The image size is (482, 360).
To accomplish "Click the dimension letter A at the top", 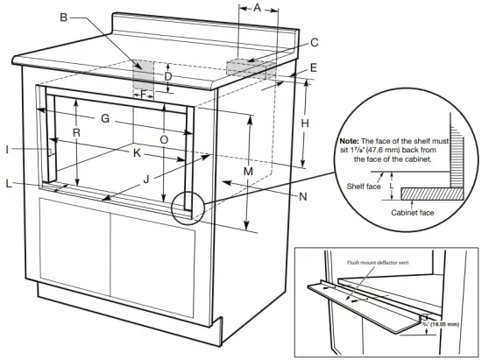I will pos(258,8).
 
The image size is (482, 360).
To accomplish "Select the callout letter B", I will pos(63,17).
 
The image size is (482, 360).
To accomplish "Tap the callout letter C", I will pos(313,41).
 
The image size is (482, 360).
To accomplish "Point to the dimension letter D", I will pos(168,75).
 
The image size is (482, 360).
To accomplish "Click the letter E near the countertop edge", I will pos(313,67).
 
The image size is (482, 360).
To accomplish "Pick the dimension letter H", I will pos(305,124).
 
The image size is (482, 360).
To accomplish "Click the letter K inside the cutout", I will pos(136,152).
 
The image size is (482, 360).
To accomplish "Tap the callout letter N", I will pos(302,197).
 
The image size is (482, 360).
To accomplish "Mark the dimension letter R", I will pos(77,133).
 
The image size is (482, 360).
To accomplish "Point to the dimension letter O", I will pos(163,139).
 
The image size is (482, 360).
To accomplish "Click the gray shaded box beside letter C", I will pos(249,67).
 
